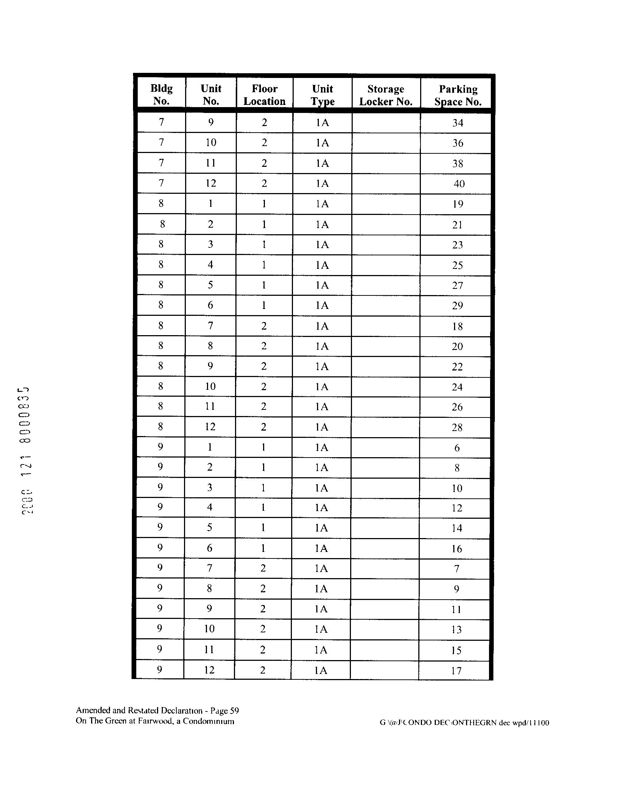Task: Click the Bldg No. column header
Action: [161, 94]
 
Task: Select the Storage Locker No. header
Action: [386, 95]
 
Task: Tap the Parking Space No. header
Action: [458, 95]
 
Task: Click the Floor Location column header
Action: [265, 95]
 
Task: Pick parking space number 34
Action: [458, 123]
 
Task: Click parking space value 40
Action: [459, 184]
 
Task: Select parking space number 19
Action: [458, 204]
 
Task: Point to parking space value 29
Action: [457, 306]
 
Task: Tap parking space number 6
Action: [457, 448]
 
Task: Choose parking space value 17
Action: [456, 671]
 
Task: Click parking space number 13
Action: [456, 630]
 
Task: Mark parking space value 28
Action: [457, 428]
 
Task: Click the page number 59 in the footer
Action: [234, 711]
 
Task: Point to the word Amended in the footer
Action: [90, 710]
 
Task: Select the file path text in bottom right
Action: [464, 723]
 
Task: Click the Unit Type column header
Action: [322, 95]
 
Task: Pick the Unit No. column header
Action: [211, 94]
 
